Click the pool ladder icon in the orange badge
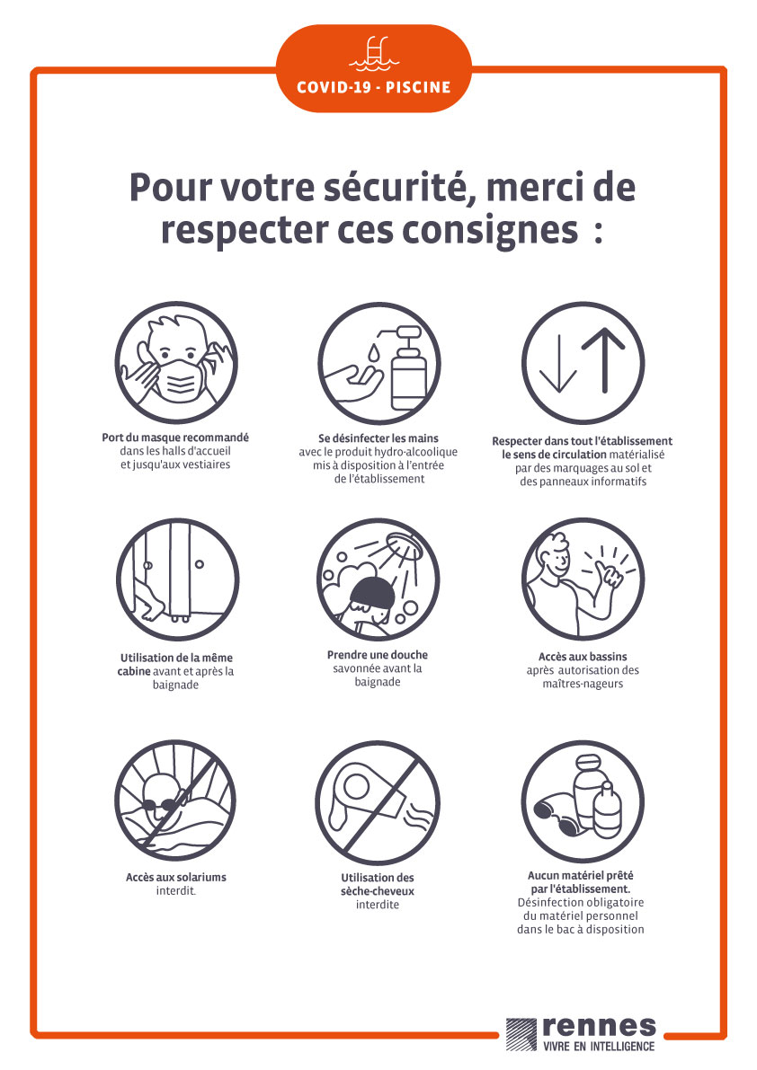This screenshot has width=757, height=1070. pyautogui.click(x=374, y=54)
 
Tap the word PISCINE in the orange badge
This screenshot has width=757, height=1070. pyautogui.click(x=418, y=87)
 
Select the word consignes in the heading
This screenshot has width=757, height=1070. pyautogui.click(x=489, y=231)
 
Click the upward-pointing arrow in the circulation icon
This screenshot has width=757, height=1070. pyautogui.click(x=603, y=359)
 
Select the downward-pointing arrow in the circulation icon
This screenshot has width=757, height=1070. pyautogui.click(x=558, y=365)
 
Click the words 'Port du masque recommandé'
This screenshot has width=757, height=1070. pyautogui.click(x=175, y=438)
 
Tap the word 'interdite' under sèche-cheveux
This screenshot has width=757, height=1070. pyautogui.click(x=378, y=905)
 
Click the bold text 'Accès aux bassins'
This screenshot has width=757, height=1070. pyautogui.click(x=583, y=657)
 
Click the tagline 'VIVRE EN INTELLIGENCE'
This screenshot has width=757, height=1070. pyautogui.click(x=599, y=1046)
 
